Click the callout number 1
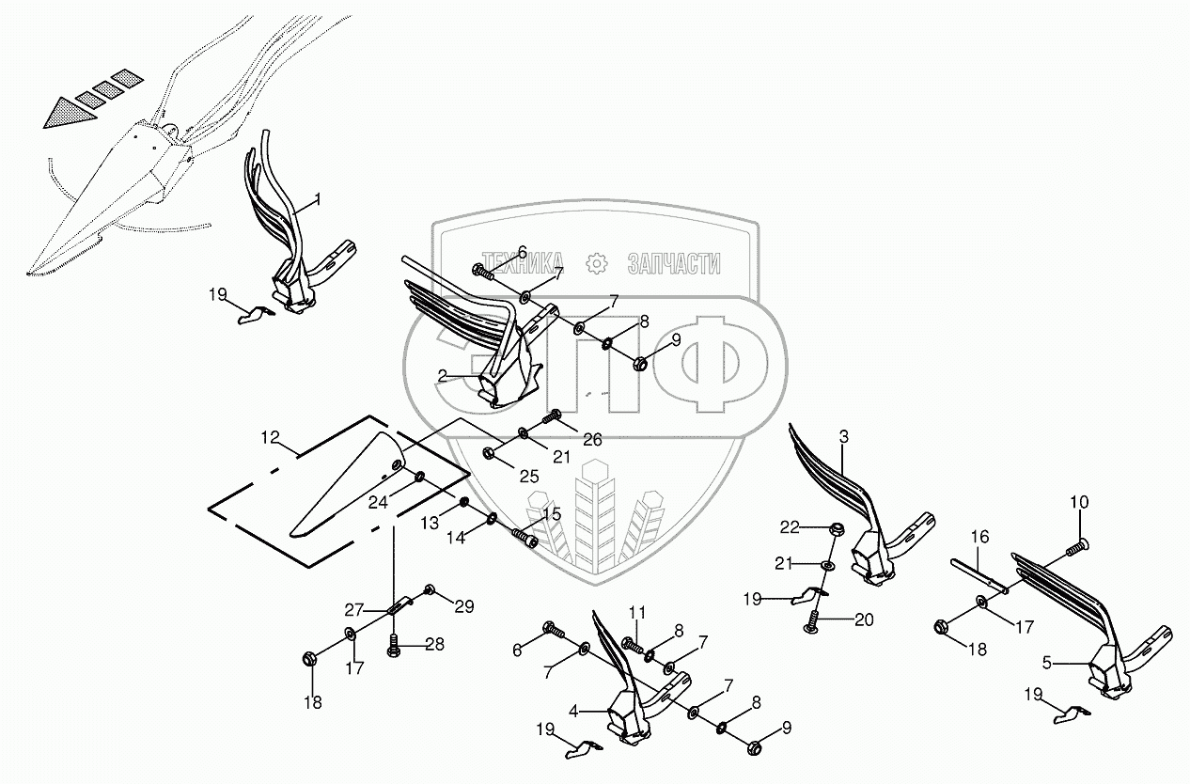318,199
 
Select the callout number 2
442,375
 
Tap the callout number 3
843,437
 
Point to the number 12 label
270,437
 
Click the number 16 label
979,538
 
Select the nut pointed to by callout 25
489,454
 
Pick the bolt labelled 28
395,646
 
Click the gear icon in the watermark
595,264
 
